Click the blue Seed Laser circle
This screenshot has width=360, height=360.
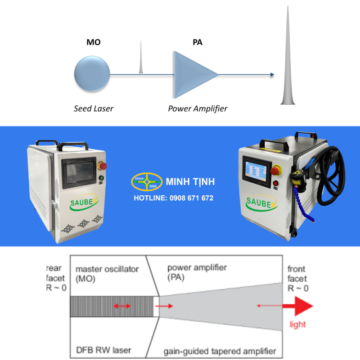(92, 74)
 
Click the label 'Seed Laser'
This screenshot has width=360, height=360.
(94, 108)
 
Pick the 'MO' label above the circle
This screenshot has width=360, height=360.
(93, 43)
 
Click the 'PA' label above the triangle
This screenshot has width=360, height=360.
(197, 43)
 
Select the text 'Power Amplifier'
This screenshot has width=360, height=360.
(198, 108)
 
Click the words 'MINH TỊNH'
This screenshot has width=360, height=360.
(190, 182)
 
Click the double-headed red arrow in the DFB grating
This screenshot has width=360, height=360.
(121, 306)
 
